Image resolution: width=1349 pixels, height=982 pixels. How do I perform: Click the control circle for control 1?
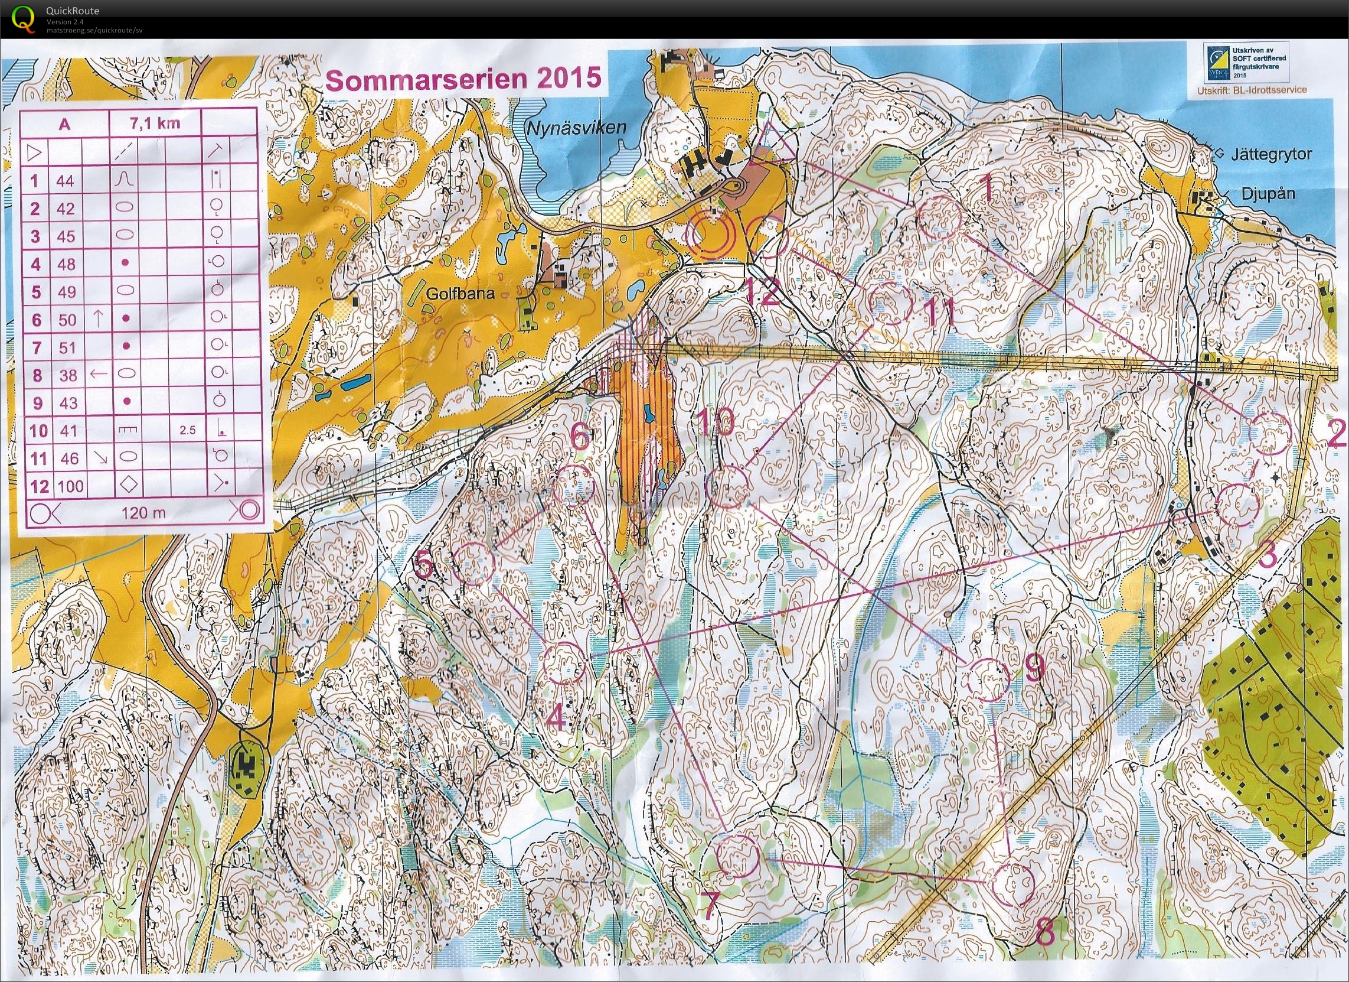tap(940, 217)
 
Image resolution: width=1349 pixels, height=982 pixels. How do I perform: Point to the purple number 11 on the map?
tap(941, 312)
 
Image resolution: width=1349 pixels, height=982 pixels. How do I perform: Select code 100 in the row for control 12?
tap(70, 486)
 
